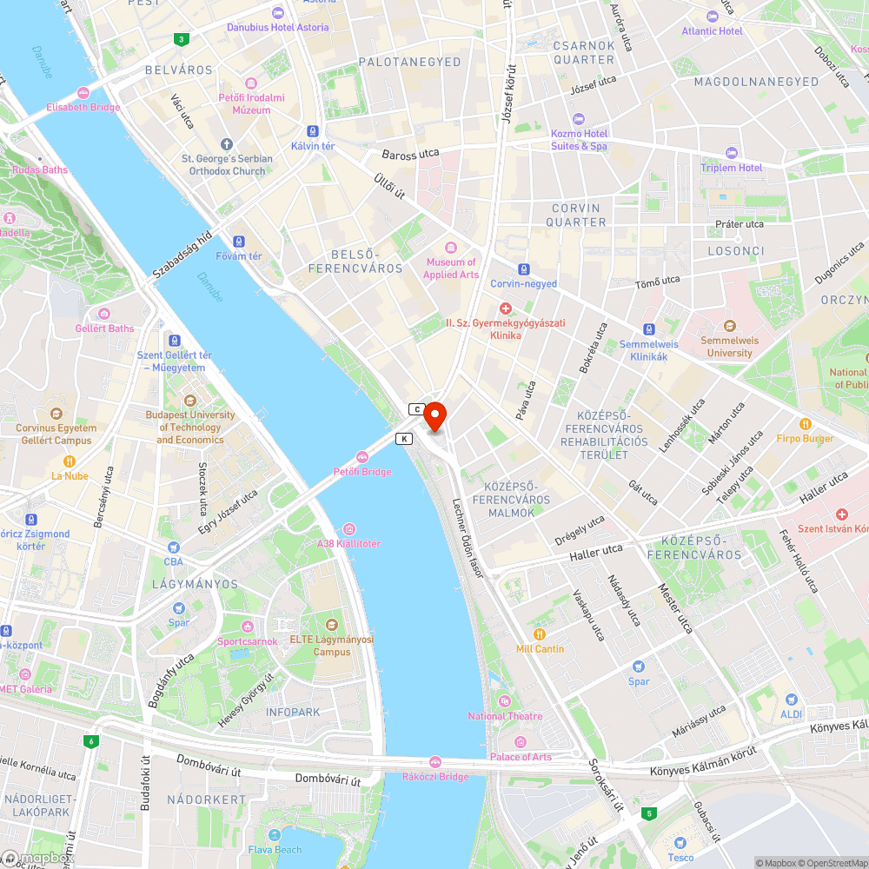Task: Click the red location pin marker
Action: point(434,415)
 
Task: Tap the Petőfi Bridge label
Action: point(362,472)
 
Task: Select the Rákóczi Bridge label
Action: point(435,777)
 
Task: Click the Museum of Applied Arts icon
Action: point(450,249)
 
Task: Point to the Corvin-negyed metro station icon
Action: point(523,269)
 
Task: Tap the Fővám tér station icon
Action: point(240,242)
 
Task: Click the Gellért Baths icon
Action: point(104,314)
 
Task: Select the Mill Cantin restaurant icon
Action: point(540,634)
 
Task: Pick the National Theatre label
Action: point(505,716)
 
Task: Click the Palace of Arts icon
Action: point(520,742)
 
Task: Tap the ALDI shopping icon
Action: point(791,700)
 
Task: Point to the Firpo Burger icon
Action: point(806,424)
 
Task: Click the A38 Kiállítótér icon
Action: point(348,529)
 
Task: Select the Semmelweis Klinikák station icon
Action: point(648,329)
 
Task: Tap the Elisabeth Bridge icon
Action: point(84,93)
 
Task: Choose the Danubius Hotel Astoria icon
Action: point(278,12)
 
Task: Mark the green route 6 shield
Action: point(90,741)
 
